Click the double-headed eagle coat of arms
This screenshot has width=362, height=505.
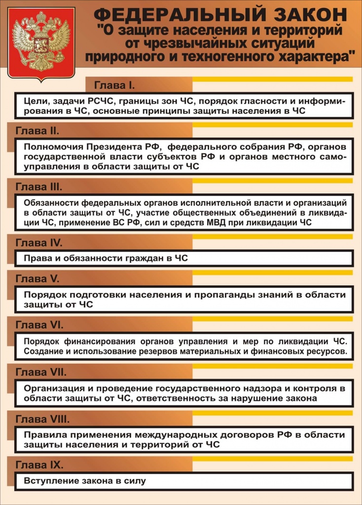(41, 43)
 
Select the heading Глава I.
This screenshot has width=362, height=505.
(114, 85)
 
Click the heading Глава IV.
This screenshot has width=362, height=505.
(38, 243)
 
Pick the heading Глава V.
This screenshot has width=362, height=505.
(37, 279)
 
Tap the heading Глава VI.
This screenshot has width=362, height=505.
(39, 325)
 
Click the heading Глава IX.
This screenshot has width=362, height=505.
(39, 465)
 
